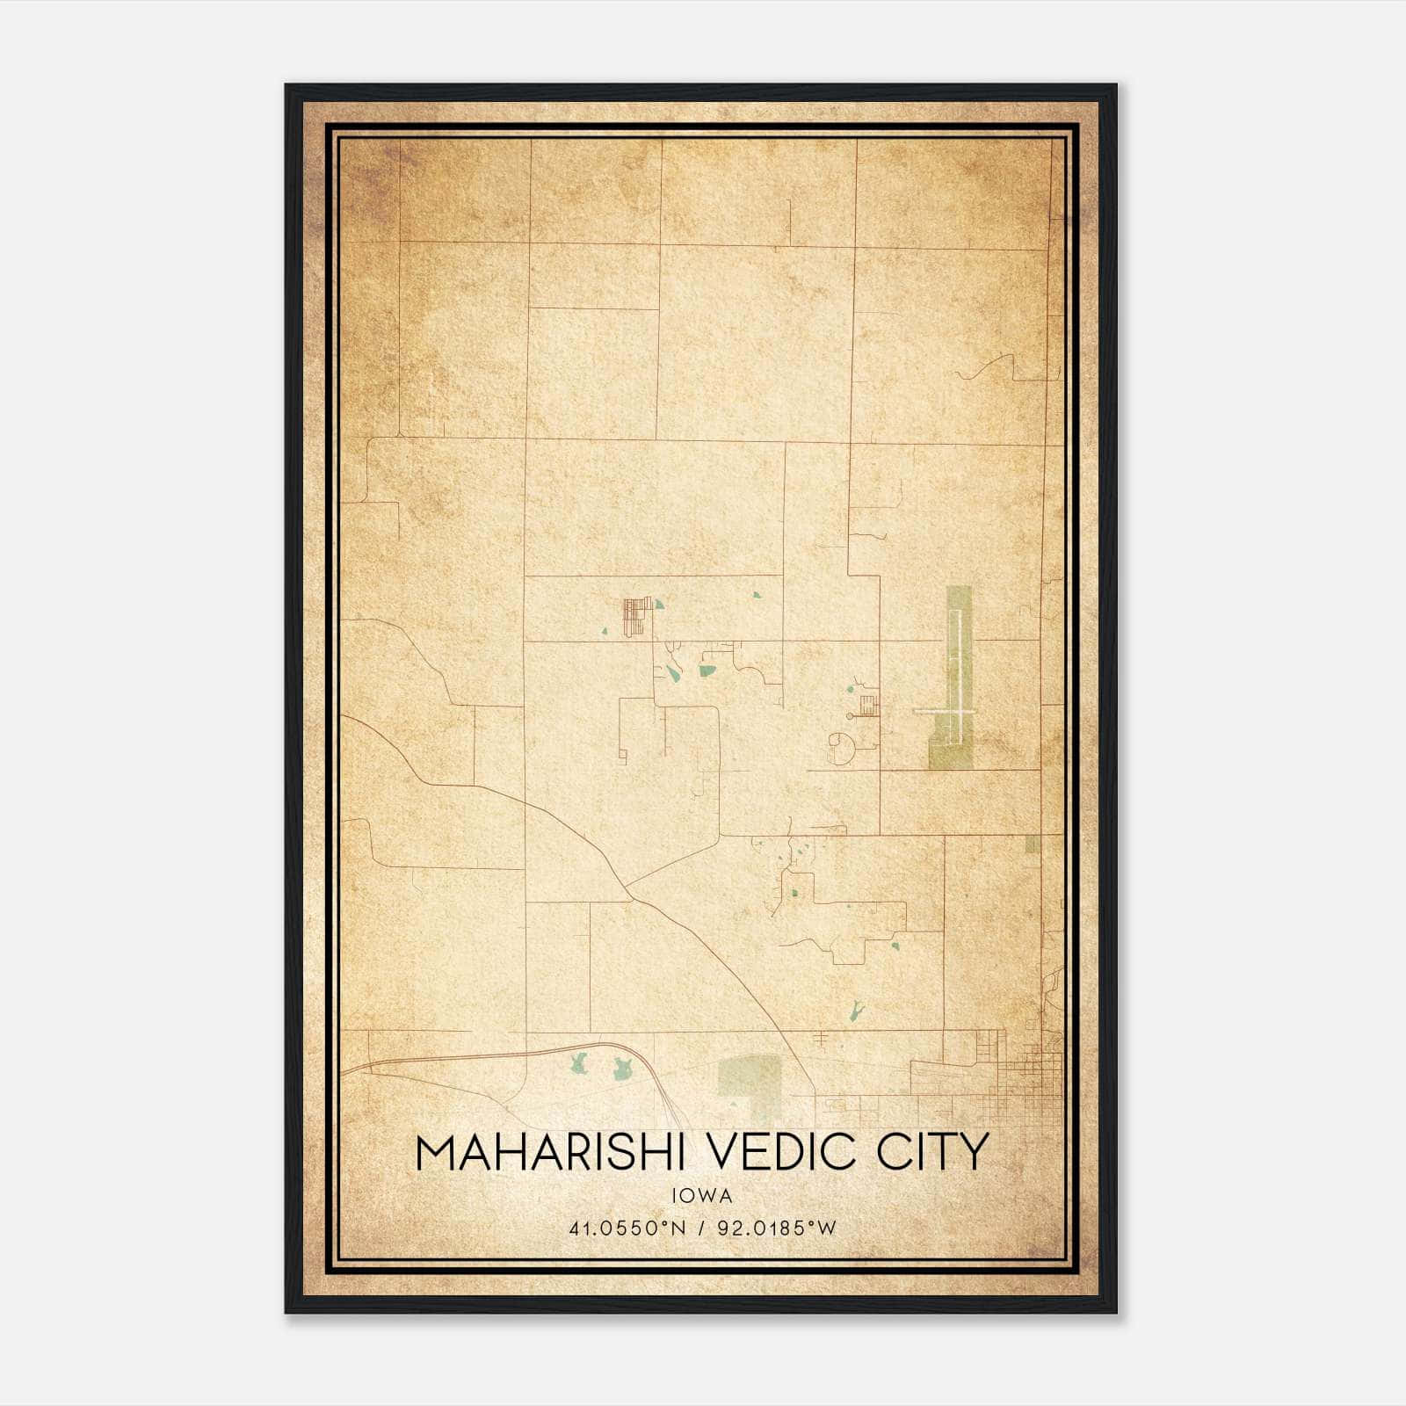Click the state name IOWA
pos(701,1196)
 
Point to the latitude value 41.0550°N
pos(626,1228)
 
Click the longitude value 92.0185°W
pos(777,1228)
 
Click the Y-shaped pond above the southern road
pos(853,1010)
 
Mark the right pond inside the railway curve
pos(622,1069)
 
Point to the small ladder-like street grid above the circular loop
pos(868,705)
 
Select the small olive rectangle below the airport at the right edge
pos(1032,844)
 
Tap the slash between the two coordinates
pos(701,1228)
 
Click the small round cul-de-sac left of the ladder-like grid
pos(850,717)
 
